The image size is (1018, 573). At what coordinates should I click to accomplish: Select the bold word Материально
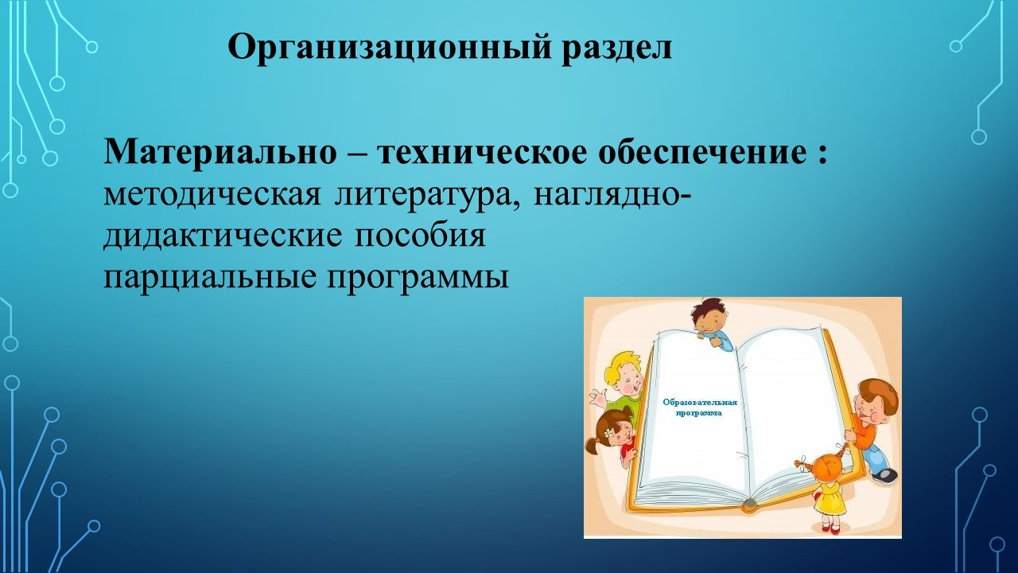coord(220,151)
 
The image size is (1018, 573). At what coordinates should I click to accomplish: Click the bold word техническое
coord(482,152)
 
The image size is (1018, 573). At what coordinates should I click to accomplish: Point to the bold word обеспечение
coord(701,152)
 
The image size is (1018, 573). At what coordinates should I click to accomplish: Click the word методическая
coord(212,196)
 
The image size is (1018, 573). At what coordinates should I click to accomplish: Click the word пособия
coord(420,236)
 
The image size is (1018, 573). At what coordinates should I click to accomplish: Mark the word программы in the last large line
coord(418,279)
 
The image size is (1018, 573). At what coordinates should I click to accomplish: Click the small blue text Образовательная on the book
coord(699,402)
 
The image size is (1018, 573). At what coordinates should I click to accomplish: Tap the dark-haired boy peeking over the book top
coord(711,324)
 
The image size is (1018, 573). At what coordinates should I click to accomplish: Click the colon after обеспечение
coord(822,155)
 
